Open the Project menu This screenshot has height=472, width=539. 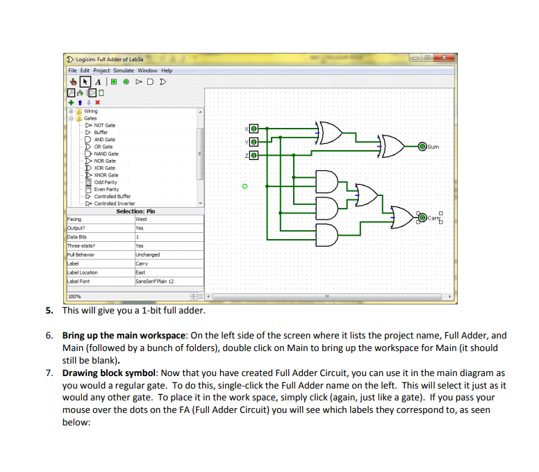coord(101,70)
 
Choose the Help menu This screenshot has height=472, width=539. coord(167,70)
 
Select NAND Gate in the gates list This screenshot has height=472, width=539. coord(106,154)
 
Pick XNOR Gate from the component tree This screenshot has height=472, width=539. coord(106,175)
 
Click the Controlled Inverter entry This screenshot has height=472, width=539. coord(115,203)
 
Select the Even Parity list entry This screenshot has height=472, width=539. coord(106,189)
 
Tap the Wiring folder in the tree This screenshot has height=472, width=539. coord(90,111)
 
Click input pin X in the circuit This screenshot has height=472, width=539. coord(254,129)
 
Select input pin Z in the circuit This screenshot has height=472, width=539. coord(254,154)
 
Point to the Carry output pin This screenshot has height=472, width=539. coord(422,218)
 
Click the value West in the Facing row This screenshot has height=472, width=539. coord(142,219)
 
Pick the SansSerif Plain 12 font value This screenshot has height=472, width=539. coord(154,282)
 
